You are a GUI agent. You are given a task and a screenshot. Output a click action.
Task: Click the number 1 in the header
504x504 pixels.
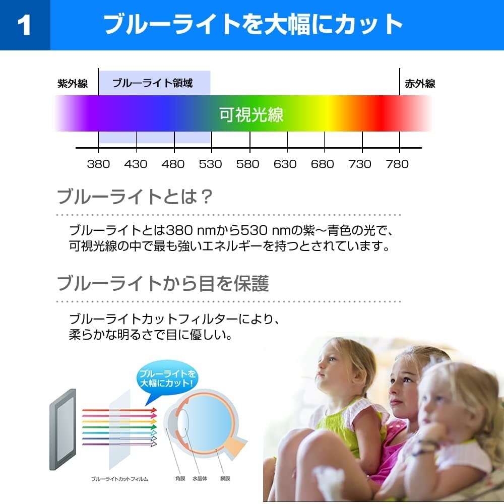(24, 25)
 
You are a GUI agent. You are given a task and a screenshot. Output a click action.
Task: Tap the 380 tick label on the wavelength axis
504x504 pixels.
(98, 164)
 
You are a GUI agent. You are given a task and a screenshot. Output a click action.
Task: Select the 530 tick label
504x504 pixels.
(210, 164)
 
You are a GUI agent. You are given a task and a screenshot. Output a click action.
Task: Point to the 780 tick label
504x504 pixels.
(397, 164)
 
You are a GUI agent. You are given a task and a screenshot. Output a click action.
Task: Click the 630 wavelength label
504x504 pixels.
(285, 164)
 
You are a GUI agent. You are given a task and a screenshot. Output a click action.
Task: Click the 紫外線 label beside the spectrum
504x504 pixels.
(73, 84)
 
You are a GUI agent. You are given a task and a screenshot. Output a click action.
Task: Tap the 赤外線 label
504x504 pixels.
(420, 84)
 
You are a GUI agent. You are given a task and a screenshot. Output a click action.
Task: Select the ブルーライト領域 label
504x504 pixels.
(152, 83)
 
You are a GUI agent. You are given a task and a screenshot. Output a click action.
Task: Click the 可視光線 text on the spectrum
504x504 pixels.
(251, 114)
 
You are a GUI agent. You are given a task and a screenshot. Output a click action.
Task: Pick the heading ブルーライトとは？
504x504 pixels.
(135, 197)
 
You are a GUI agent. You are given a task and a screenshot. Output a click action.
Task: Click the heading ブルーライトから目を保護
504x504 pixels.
(163, 283)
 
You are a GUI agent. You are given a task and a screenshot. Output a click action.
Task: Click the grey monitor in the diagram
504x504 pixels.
(63, 429)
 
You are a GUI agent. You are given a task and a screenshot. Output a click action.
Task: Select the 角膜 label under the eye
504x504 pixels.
(180, 479)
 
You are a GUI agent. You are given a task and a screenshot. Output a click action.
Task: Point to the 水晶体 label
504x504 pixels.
(200, 479)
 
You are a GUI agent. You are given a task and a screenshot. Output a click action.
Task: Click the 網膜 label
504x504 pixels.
(225, 479)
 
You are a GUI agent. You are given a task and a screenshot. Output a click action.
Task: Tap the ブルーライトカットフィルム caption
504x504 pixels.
(119, 479)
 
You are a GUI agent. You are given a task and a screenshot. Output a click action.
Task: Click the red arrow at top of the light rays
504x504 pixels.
(119, 410)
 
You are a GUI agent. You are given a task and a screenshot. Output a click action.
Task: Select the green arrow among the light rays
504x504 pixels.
(119, 427)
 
